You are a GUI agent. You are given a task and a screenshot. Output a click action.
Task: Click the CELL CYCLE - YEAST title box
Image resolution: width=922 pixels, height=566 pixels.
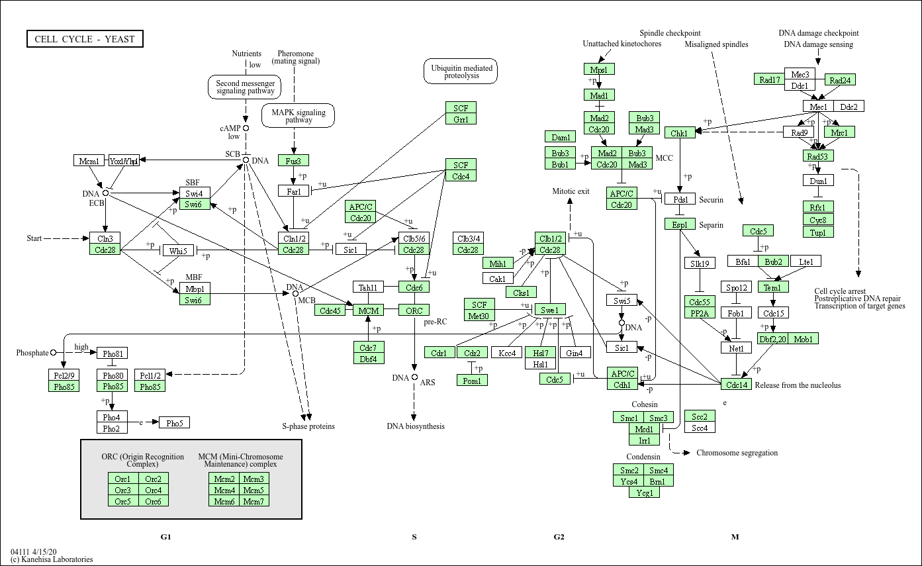coord(85,39)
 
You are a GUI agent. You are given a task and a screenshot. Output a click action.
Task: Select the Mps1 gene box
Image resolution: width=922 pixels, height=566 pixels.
coord(599,70)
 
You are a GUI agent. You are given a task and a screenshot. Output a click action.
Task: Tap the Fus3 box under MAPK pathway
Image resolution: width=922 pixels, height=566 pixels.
coord(293,161)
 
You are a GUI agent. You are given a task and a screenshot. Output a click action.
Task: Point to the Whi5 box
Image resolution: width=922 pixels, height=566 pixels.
coord(177,251)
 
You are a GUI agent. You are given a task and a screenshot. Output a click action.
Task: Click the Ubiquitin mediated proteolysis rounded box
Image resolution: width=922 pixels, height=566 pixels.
coord(461,71)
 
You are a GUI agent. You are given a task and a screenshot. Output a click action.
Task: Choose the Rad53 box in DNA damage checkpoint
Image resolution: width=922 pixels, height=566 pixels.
coord(819,156)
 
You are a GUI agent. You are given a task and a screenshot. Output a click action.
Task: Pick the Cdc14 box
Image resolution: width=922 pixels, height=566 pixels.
coord(736,385)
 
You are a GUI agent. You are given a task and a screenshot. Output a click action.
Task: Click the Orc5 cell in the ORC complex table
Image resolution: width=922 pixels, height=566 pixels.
coord(122,501)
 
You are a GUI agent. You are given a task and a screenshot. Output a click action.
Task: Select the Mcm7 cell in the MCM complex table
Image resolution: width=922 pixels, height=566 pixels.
coord(253,501)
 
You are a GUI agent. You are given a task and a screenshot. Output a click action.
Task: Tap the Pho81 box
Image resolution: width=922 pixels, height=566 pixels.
coord(112,353)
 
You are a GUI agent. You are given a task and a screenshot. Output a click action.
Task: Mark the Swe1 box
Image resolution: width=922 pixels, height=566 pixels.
coord(550,310)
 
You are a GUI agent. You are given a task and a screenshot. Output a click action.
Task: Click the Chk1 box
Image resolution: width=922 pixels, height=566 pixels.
coord(679,133)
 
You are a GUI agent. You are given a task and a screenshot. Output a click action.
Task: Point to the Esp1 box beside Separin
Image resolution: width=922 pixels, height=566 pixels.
coord(680,224)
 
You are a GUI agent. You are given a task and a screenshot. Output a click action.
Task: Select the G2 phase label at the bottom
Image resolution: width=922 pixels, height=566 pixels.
coord(559,537)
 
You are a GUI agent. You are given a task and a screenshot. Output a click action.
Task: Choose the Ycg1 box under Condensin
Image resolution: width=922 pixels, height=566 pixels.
coord(644,493)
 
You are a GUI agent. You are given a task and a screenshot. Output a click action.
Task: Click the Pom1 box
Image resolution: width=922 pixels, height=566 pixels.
coord(472,380)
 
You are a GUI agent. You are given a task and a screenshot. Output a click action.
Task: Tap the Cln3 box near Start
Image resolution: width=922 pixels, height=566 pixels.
coord(105,238)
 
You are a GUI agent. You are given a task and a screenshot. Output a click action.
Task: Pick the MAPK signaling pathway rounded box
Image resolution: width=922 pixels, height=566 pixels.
coord(299,116)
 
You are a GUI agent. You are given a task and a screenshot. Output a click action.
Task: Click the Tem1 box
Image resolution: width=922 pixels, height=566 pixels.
coord(772,287)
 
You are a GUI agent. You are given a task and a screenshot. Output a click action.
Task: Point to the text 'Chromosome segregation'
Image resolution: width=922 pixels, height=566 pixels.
coord(737,453)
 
